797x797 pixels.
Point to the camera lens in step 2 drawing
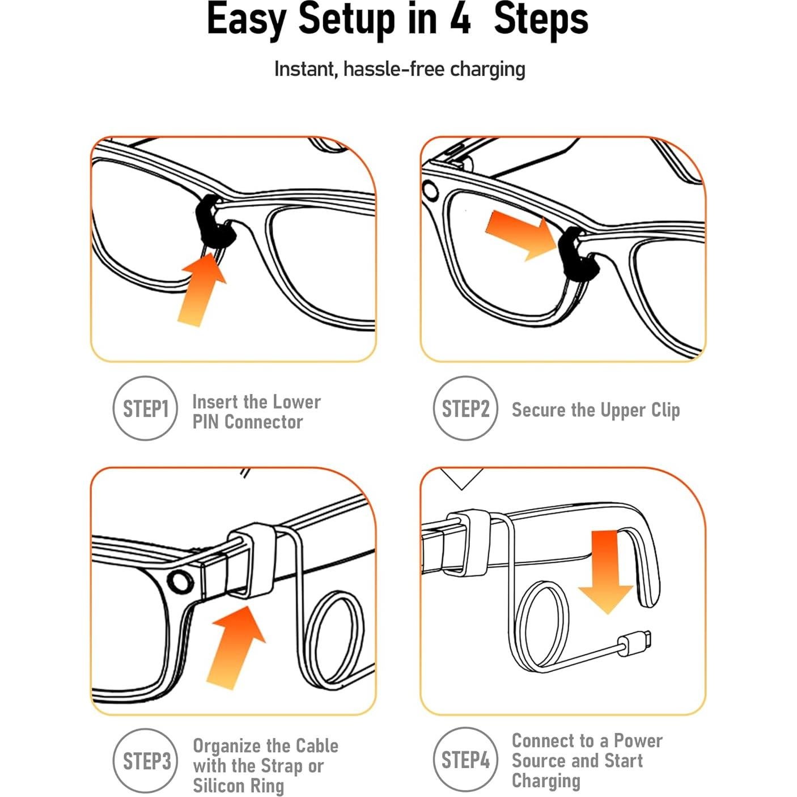pos(430,191)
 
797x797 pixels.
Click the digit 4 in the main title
pos(460,19)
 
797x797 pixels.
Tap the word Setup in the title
pos(346,20)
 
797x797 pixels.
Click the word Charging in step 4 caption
pos(545,781)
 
